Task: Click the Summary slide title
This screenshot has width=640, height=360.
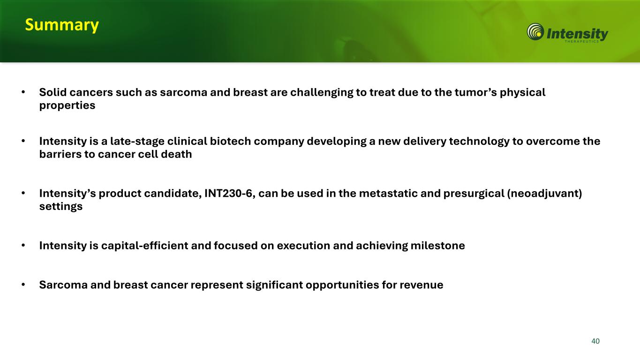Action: pyautogui.click(x=62, y=25)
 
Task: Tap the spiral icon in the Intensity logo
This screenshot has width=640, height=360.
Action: pyautogui.click(x=535, y=32)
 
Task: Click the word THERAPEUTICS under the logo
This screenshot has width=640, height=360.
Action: pyautogui.click(x=581, y=41)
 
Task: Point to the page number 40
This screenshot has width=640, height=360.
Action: pyautogui.click(x=595, y=341)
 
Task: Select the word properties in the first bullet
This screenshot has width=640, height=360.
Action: pyautogui.click(x=67, y=106)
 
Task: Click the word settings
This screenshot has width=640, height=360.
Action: pyautogui.click(x=61, y=207)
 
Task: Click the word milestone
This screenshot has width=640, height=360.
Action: pyautogui.click(x=438, y=246)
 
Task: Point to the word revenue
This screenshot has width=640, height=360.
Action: pyautogui.click(x=422, y=285)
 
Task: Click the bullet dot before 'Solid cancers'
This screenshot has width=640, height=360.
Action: pyautogui.click(x=23, y=92)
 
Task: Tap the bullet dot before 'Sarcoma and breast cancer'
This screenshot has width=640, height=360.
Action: pyautogui.click(x=23, y=285)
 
